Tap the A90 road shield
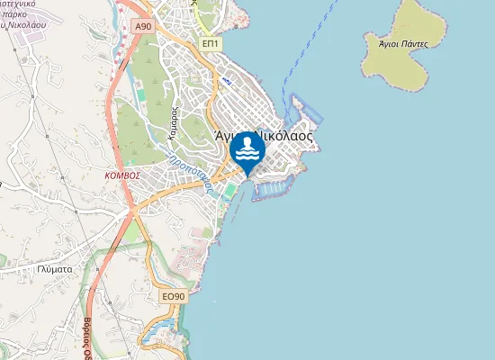(143, 27)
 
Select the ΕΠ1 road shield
(210, 43)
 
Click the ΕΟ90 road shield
(173, 296)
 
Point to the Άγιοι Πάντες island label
(397, 42)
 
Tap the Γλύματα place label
(56, 268)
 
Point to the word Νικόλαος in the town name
(283, 137)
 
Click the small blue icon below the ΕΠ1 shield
(225, 81)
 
